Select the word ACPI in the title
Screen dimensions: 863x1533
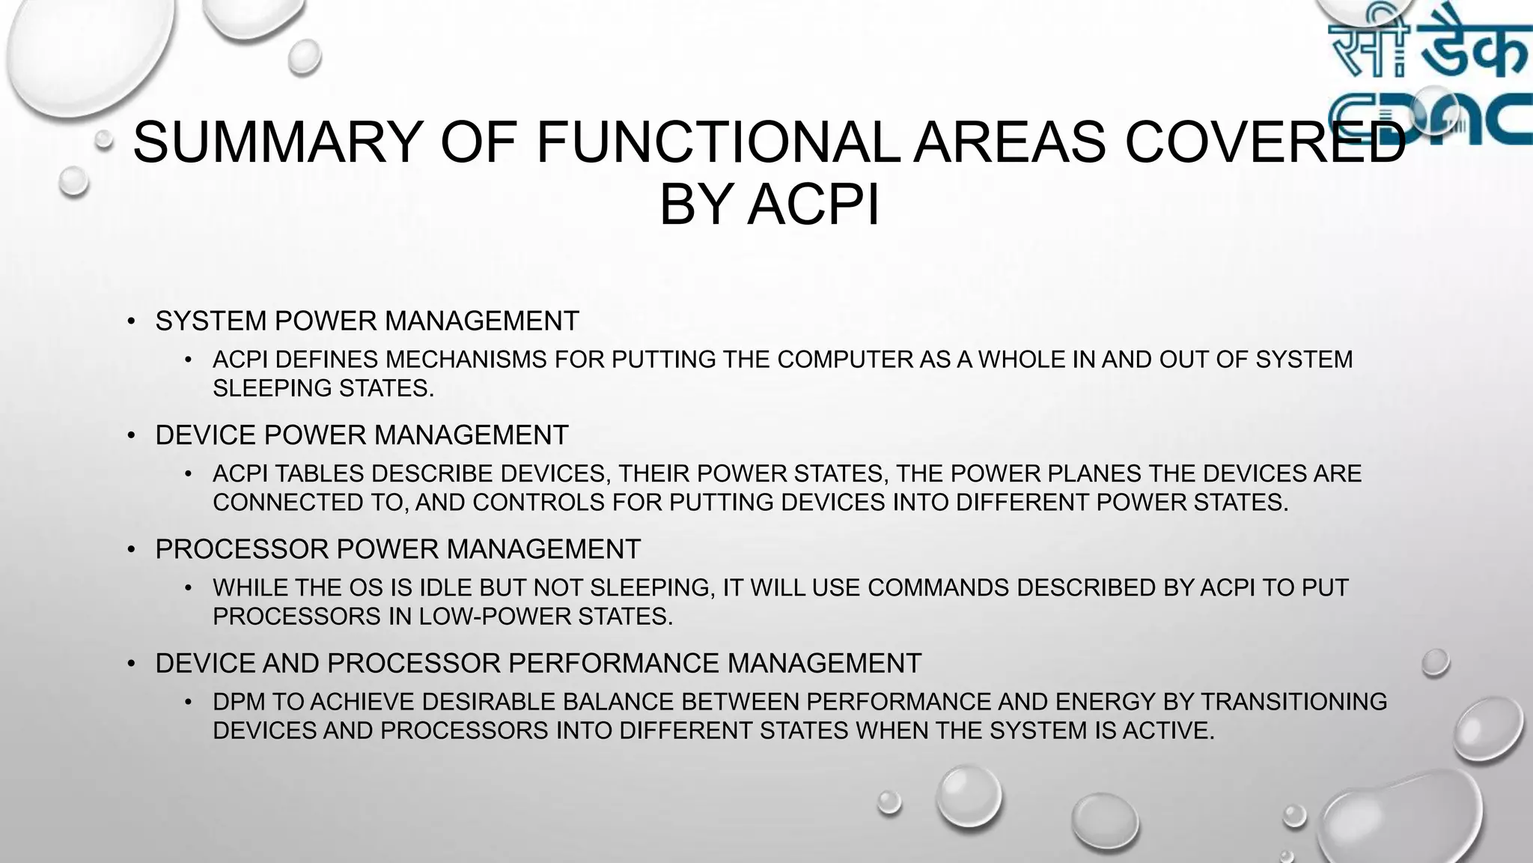tap(813, 204)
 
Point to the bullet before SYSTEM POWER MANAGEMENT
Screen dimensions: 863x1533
tap(131, 321)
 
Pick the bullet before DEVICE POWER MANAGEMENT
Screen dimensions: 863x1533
tap(131, 435)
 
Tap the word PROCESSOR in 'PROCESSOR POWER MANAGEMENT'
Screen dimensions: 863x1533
tap(241, 549)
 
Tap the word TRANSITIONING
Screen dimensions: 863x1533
tap(1293, 702)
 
